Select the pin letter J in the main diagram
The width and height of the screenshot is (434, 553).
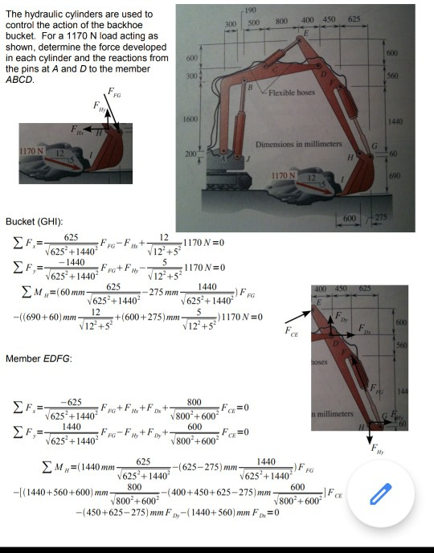coord(255,159)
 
